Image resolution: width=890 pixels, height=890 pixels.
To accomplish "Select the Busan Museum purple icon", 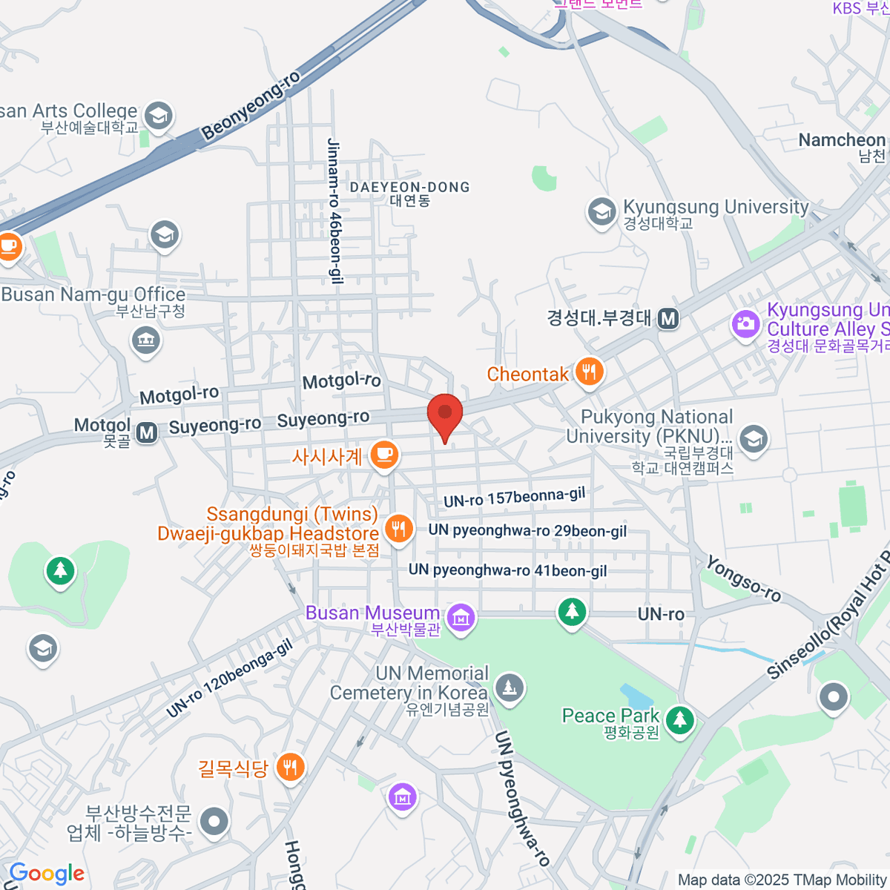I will pyautogui.click(x=461, y=617).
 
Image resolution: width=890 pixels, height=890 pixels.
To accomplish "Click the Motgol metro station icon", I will pyautogui.click(x=147, y=432).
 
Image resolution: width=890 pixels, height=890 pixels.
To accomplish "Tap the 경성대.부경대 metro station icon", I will pyautogui.click(x=668, y=319).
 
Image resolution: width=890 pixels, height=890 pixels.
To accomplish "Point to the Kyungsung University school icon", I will pyautogui.click(x=601, y=211).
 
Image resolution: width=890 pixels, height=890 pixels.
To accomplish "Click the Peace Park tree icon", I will pyautogui.click(x=679, y=719).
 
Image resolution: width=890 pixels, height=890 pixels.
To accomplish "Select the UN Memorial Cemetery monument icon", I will pyautogui.click(x=509, y=688).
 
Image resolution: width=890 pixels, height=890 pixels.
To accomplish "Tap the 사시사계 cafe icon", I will pyautogui.click(x=383, y=454).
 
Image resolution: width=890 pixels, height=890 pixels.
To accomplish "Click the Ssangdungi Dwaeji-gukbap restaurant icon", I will pyautogui.click(x=400, y=529).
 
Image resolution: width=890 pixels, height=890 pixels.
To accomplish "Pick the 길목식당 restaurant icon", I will pyautogui.click(x=290, y=767).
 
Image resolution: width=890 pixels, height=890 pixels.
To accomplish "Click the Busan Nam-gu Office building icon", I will pyautogui.click(x=145, y=341).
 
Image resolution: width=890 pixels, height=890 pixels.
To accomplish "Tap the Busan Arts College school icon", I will pyautogui.click(x=159, y=115).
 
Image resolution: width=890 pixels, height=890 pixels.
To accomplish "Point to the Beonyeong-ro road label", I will pyautogui.click(x=251, y=105).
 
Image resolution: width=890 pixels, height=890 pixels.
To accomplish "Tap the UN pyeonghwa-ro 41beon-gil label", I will pyautogui.click(x=507, y=570).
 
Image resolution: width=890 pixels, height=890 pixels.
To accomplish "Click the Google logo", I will pyautogui.click(x=46, y=874).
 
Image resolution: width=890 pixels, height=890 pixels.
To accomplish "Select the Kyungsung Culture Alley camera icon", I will pyautogui.click(x=745, y=324).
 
